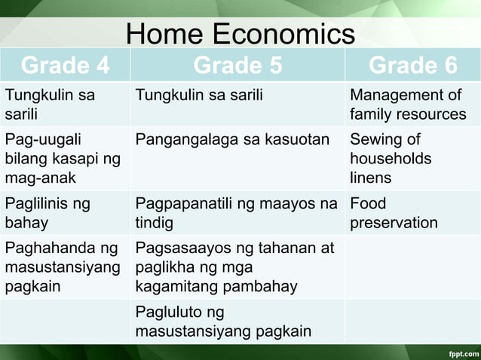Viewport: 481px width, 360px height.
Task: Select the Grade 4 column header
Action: coord(65,66)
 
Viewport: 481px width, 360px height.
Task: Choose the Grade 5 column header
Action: coord(237,66)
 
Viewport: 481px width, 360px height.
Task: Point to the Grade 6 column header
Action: coord(412,66)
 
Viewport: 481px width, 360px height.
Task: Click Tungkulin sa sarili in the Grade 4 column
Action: coord(50,105)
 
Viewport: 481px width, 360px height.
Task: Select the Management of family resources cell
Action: coord(408,105)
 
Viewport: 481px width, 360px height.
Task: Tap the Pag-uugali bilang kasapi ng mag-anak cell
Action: coord(63,158)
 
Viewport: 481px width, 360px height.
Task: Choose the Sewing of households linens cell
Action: coord(391,158)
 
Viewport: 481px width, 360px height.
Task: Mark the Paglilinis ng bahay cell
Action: coord(47,212)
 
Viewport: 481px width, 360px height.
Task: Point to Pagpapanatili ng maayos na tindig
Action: coord(236,212)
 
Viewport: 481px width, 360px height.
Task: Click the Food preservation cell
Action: coord(393,212)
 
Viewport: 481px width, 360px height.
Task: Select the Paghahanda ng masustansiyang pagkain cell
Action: coord(63,267)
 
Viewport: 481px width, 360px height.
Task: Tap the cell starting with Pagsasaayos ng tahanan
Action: coord(234,267)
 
